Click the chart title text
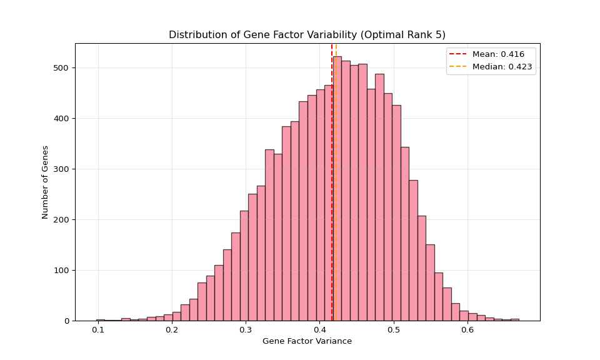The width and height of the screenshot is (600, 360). pyautogui.click(x=307, y=35)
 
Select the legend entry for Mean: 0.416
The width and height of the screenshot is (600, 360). pyautogui.click(x=498, y=54)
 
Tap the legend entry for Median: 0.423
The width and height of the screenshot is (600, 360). pyautogui.click(x=502, y=67)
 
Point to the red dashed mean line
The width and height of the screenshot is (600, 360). pyautogui.click(x=332, y=187)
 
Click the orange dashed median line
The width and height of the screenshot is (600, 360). pyautogui.click(x=336, y=187)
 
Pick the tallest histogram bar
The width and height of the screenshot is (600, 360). pyautogui.click(x=337, y=187)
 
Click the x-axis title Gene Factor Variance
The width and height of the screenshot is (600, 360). pyautogui.click(x=307, y=341)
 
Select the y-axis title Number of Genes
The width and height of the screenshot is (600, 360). pyautogui.click(x=46, y=182)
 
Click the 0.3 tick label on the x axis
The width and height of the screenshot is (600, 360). pyautogui.click(x=246, y=330)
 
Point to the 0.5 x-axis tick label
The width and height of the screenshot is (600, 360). pyautogui.click(x=394, y=330)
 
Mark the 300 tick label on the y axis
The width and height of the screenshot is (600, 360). pyautogui.click(x=62, y=169)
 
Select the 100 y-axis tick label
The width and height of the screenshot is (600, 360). pyautogui.click(x=62, y=270)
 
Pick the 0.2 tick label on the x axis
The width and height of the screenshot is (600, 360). pyautogui.click(x=172, y=330)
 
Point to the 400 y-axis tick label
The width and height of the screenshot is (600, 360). pyautogui.click(x=62, y=118)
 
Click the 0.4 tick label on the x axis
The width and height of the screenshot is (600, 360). pyautogui.click(x=320, y=330)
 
